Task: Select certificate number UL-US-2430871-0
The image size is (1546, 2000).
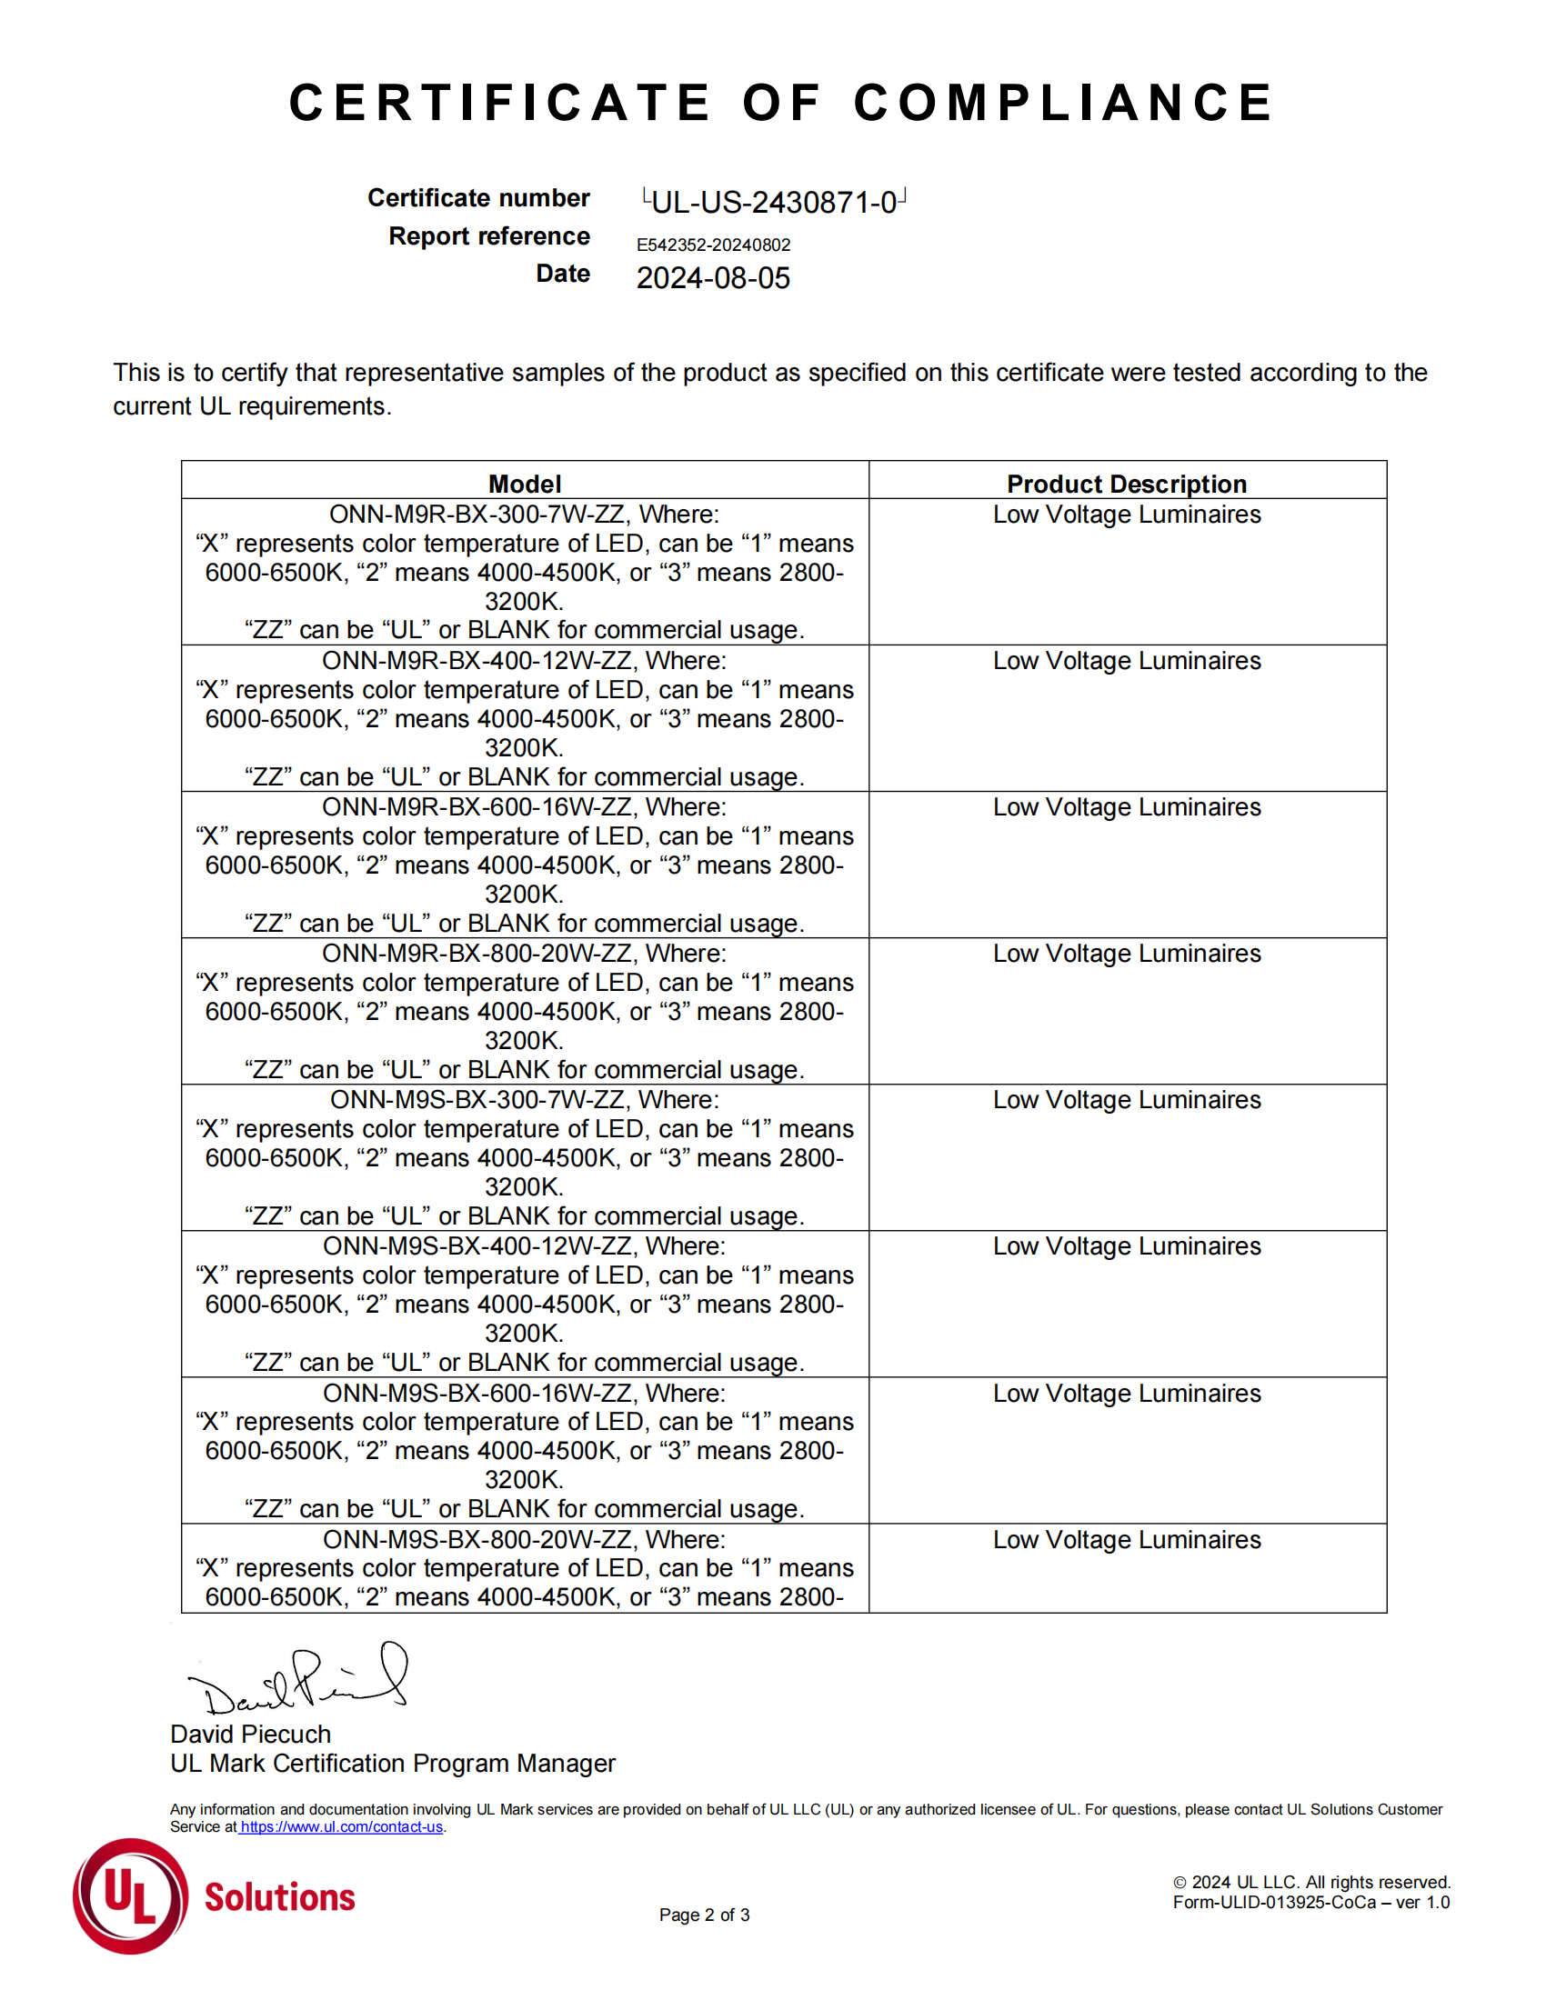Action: point(774,202)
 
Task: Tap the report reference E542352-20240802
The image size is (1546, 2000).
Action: point(713,245)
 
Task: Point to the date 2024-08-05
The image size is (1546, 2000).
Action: point(713,278)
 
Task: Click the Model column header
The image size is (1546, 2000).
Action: point(524,484)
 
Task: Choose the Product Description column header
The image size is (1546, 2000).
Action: point(1127,484)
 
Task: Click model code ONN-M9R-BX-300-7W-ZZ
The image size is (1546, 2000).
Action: point(479,515)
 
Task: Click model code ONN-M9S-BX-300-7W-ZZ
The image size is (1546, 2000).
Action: point(480,1100)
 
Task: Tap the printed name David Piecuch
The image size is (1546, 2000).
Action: point(250,1735)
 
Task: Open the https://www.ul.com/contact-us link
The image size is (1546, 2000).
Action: point(341,1827)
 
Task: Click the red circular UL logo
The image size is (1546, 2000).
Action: point(130,1896)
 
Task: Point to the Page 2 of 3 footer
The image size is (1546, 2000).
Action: point(704,1915)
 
